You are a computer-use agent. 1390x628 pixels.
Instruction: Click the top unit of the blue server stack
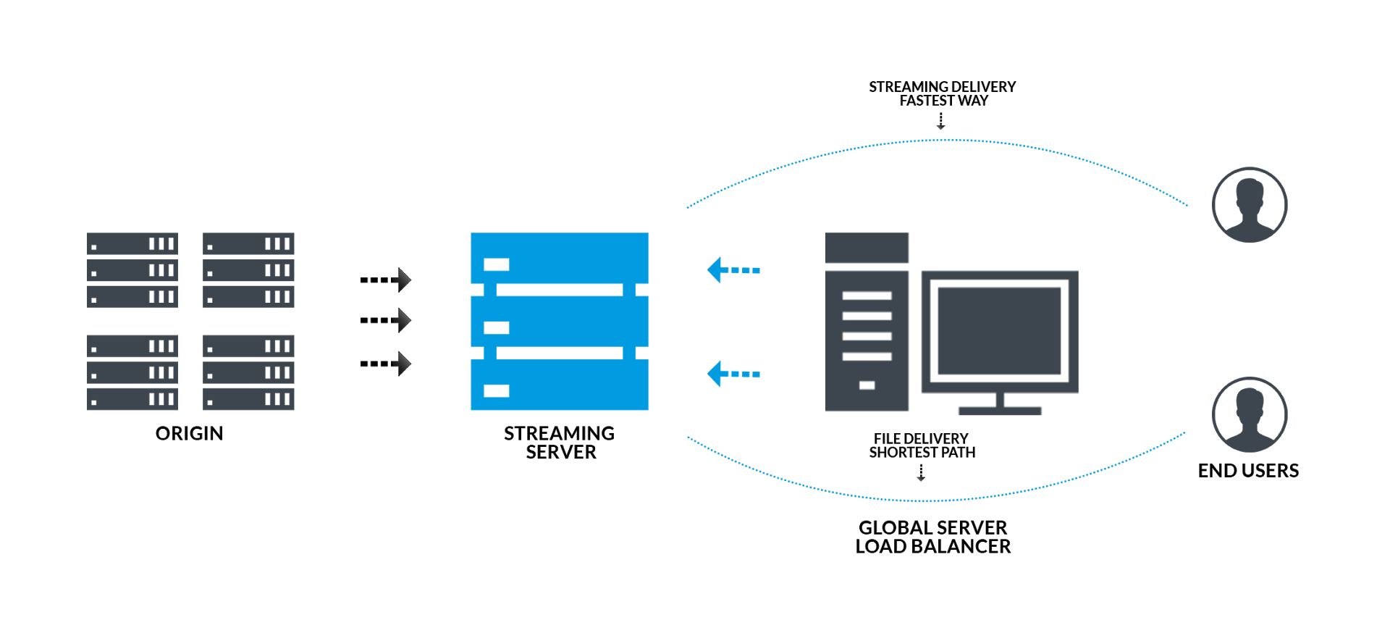point(559,258)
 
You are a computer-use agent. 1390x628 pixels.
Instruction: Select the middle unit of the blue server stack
point(559,321)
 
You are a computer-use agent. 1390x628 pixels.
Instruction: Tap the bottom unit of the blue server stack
point(559,385)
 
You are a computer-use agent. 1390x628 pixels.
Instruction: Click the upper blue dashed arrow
point(733,270)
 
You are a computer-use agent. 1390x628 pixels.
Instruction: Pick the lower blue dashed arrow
point(733,374)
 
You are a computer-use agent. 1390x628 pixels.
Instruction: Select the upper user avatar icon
point(1250,205)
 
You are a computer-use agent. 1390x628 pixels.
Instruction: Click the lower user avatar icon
point(1250,415)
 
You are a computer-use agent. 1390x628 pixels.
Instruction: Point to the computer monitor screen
point(999,330)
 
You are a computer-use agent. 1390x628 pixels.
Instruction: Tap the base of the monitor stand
point(1000,411)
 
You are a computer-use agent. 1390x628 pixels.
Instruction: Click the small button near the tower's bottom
point(867,385)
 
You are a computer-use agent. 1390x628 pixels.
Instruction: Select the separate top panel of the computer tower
point(867,248)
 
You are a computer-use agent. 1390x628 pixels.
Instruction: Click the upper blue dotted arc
point(941,141)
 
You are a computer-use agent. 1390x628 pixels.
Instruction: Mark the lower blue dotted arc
point(934,500)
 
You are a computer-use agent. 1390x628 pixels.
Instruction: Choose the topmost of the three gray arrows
point(402,280)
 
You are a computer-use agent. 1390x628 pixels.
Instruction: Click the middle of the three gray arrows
point(402,319)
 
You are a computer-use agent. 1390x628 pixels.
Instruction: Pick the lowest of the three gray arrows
point(402,363)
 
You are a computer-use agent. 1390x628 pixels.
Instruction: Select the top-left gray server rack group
point(132,270)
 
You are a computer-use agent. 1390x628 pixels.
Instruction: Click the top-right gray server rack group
point(248,270)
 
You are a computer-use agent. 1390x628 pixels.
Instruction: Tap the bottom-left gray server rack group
point(132,372)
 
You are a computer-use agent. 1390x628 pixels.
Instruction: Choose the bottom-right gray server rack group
point(248,372)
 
